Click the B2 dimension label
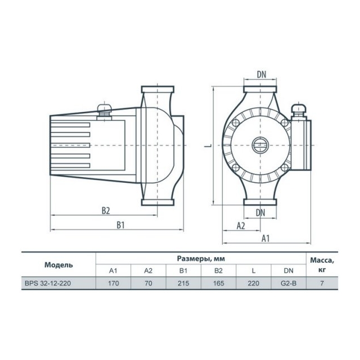[106, 210]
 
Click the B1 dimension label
[120, 225]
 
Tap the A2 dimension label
[241, 226]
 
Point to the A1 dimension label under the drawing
[265, 238]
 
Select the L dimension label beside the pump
[208, 146]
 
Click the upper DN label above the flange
[262, 74]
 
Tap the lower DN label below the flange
[260, 213]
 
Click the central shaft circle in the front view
[260, 145]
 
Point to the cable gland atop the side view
[104, 111]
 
